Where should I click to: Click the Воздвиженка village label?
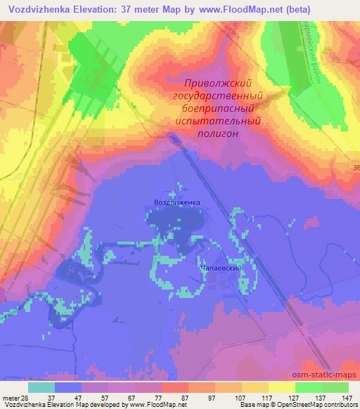pyautogui.click(x=176, y=202)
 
